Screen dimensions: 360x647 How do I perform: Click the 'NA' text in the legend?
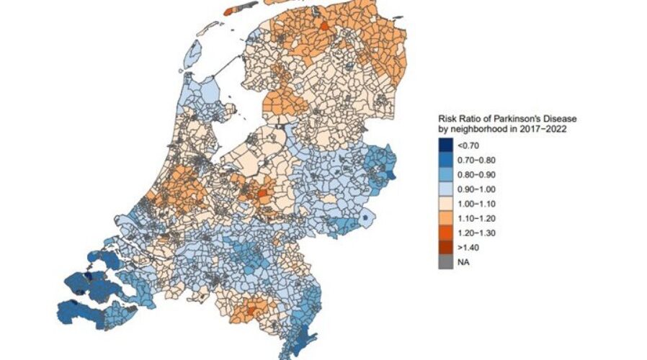465,262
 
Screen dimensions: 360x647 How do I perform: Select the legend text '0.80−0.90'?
477,174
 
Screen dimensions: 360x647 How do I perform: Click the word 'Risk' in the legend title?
447,119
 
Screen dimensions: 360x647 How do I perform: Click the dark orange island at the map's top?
231,12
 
